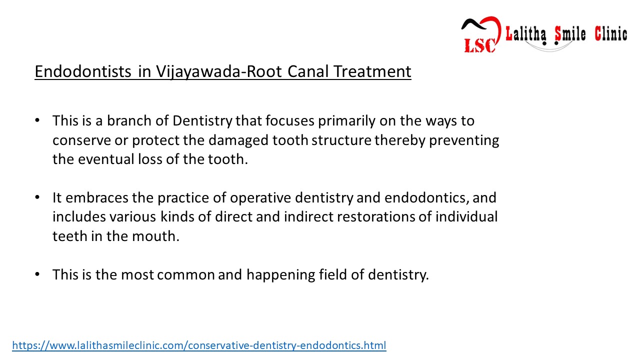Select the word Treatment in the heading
pos(372,72)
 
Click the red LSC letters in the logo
pos(479,45)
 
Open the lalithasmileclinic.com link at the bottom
pos(199,345)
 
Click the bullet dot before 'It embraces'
pos(37,198)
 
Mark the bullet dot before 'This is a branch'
pos(37,121)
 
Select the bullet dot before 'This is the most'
pos(37,275)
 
